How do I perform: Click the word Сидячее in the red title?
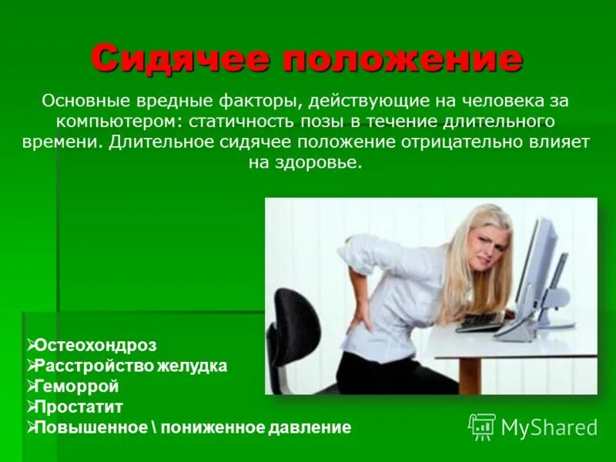pyautogui.click(x=182, y=59)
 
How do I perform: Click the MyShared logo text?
pyautogui.click(x=549, y=426)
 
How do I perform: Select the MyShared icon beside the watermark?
pyautogui.click(x=482, y=426)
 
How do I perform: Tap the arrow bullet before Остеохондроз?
pyautogui.click(x=31, y=346)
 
